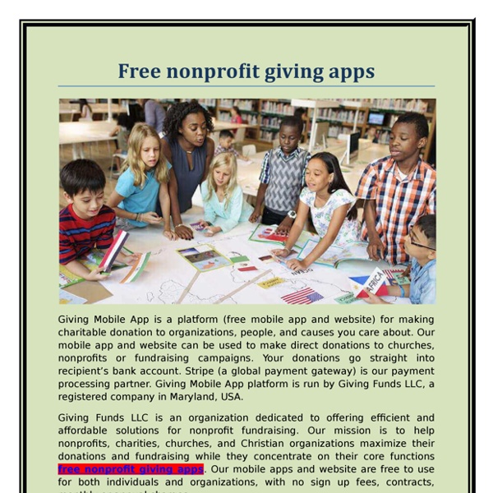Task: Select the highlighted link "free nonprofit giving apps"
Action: coord(131,469)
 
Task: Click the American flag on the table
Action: coord(302,295)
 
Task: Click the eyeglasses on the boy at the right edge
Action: coord(421,245)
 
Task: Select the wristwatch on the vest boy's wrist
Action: coord(291,214)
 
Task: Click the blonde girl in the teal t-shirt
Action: coord(141,181)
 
